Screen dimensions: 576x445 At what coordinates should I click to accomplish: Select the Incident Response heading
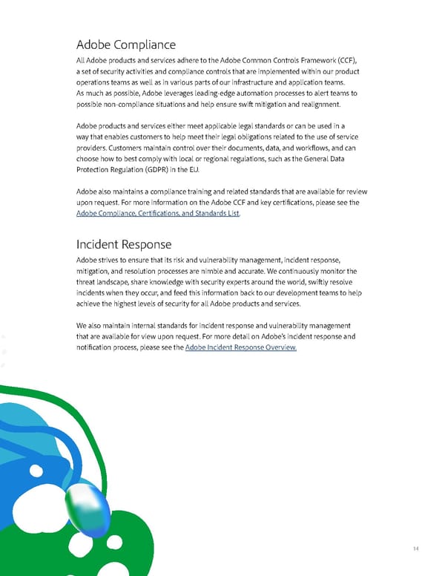tap(124, 243)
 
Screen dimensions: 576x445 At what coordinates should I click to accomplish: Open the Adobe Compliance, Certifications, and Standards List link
tap(158, 214)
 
